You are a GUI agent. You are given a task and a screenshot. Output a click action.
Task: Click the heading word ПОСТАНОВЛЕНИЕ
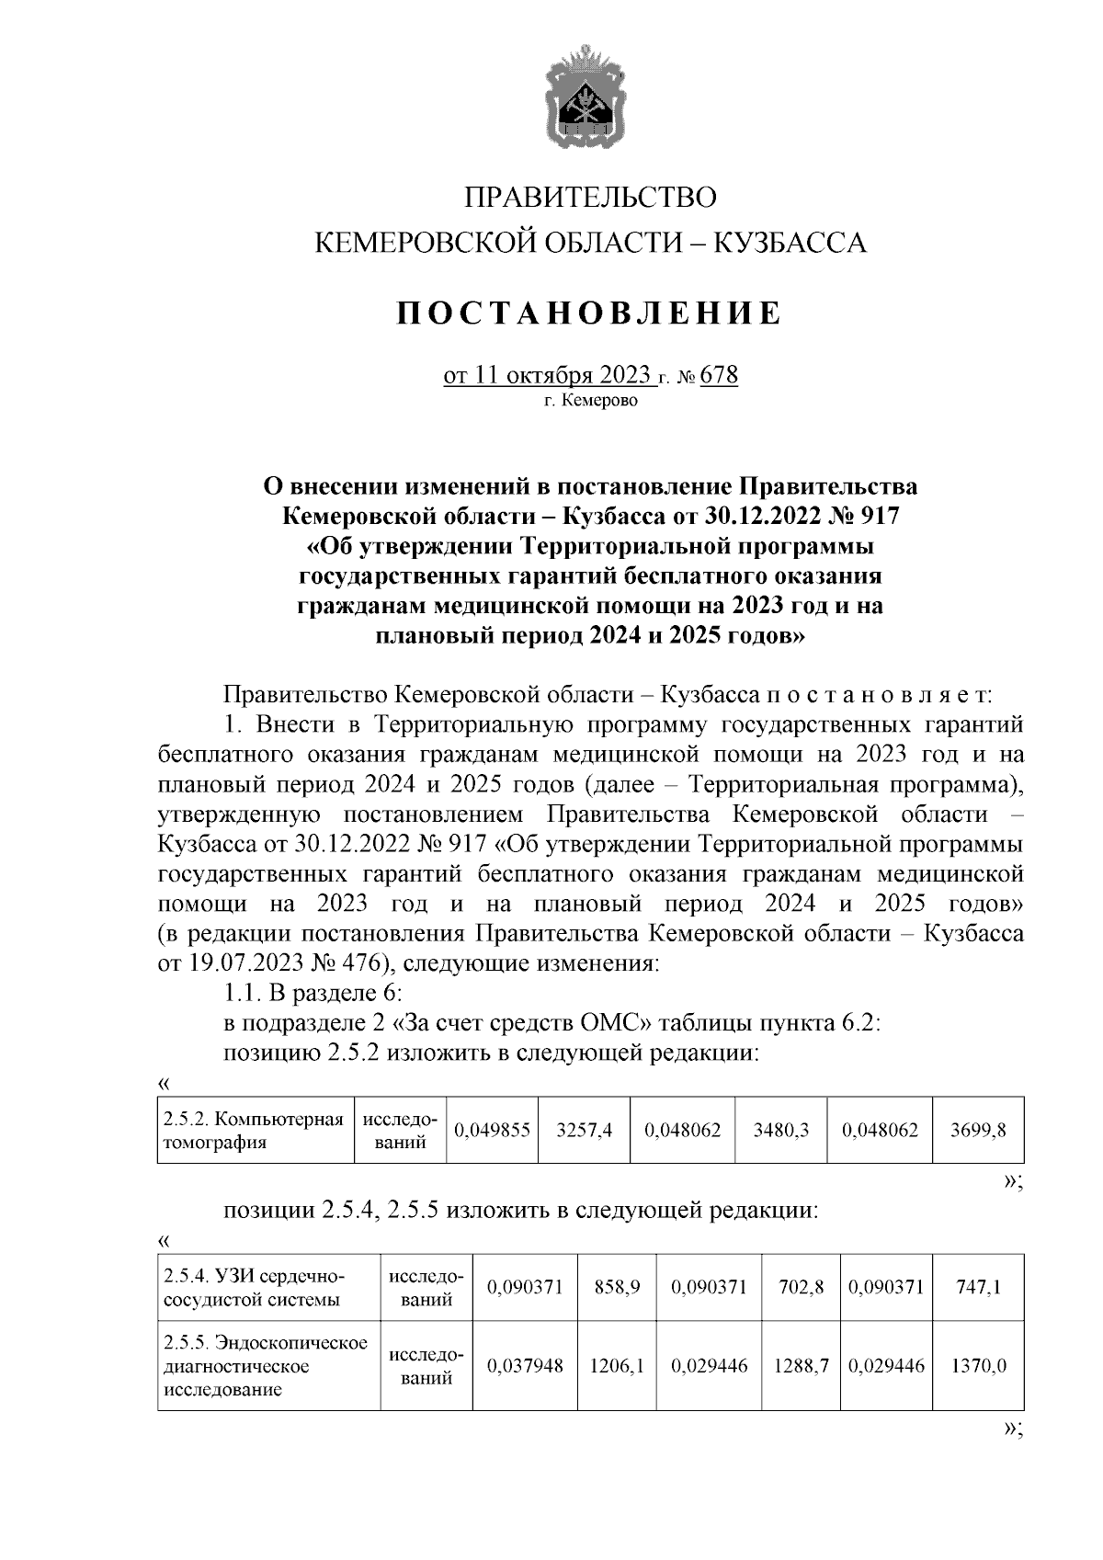(x=589, y=313)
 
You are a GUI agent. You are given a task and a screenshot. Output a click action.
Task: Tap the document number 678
(x=719, y=376)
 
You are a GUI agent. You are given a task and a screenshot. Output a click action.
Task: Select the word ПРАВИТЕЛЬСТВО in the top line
(x=589, y=198)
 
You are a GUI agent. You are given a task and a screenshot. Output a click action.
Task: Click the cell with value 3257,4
(x=584, y=1131)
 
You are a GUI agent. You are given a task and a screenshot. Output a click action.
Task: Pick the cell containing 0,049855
(x=492, y=1131)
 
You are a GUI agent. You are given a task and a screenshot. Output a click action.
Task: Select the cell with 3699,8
(x=978, y=1131)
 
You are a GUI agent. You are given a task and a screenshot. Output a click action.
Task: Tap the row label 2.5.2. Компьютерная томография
(x=254, y=1131)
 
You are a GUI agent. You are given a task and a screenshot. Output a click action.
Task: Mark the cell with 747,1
(x=978, y=1288)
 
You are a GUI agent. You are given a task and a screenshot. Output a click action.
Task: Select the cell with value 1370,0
(x=978, y=1366)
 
